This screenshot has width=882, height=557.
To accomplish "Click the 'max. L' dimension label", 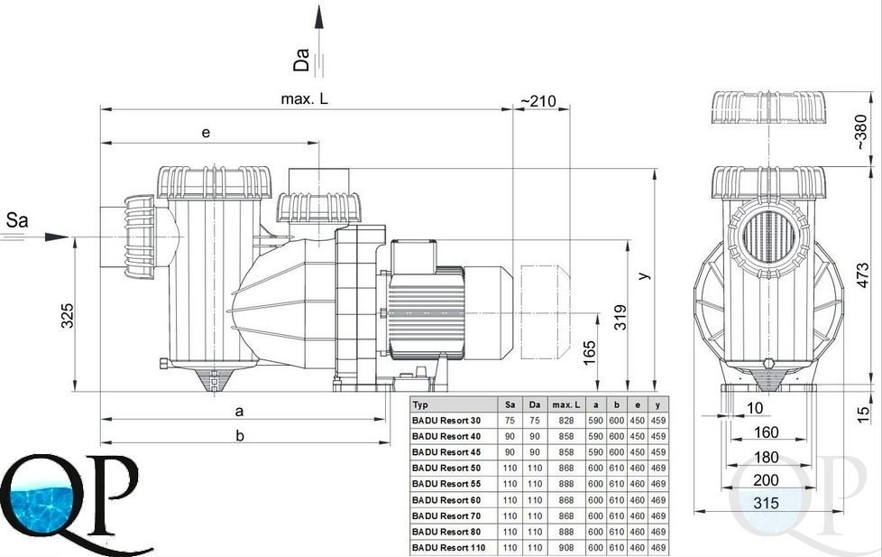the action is (x=304, y=99).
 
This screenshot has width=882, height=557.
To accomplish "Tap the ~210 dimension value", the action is (x=537, y=101).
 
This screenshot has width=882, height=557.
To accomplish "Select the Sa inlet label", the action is (x=17, y=219).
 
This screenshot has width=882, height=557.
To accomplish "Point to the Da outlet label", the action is (x=301, y=60).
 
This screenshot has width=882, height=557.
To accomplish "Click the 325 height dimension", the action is (x=67, y=316).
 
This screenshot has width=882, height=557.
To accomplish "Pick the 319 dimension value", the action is (x=620, y=317).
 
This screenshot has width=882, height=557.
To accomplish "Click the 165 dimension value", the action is (x=589, y=353).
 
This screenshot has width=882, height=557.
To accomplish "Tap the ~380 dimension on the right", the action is (x=860, y=132).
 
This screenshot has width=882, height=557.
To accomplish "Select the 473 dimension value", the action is (x=863, y=275).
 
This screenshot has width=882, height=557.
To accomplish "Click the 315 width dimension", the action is (x=767, y=502).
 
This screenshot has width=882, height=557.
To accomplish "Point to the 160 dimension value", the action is (x=767, y=432).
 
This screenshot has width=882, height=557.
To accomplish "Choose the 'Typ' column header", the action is (x=420, y=404).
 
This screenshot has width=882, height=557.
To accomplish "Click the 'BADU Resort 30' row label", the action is (x=446, y=420).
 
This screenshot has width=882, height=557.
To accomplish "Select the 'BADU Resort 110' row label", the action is (x=448, y=547).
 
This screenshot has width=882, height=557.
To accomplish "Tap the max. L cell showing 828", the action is (x=565, y=420).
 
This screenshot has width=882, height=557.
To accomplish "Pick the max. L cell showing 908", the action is (x=565, y=547).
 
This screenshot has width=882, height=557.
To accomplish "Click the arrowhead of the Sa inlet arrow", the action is (x=58, y=237).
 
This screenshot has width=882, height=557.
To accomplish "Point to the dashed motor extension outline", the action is (x=545, y=311).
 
